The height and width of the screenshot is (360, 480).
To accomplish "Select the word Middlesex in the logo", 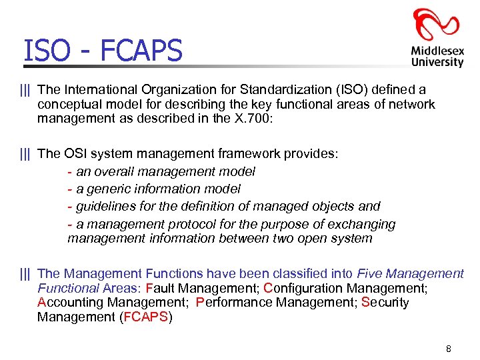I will [x=437, y=50].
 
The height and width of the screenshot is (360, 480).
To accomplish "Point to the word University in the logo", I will [x=437, y=62].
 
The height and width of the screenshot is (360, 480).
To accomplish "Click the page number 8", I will [x=449, y=349].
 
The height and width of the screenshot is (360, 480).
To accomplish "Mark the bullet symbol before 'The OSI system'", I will [x=25, y=153].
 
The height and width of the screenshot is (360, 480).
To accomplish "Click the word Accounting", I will [x=68, y=302].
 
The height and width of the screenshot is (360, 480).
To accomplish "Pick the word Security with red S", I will [x=385, y=302].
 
